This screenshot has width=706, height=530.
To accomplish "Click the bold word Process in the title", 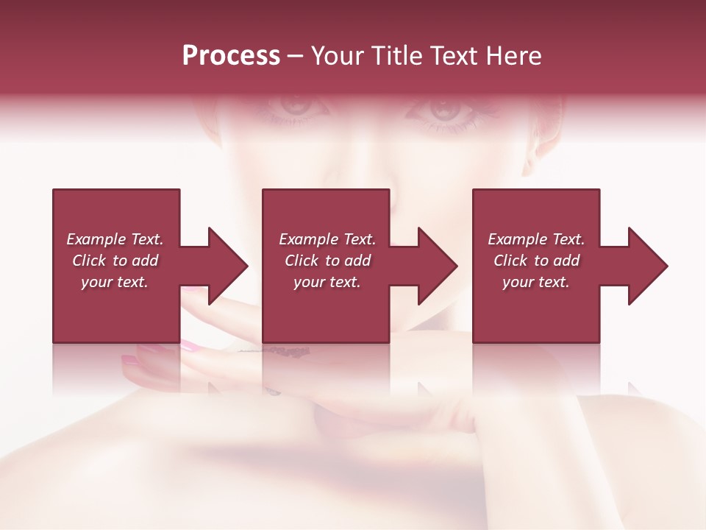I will click(231, 56).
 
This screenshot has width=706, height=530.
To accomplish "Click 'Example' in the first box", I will click(96, 239).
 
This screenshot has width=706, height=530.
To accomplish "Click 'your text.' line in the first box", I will click(115, 282).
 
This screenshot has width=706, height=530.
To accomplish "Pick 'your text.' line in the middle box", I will click(327, 282).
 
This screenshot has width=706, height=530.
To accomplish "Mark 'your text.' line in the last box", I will click(536, 282).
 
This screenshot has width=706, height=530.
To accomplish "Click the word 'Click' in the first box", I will click(89, 261).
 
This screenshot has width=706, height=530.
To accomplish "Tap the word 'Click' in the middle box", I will click(302, 261).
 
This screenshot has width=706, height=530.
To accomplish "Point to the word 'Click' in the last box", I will click(510, 261).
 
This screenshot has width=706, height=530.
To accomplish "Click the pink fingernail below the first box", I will click(190, 344).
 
